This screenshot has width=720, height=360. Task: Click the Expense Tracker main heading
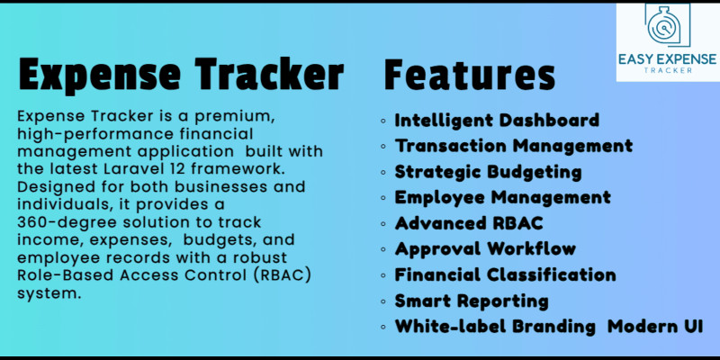point(180,74)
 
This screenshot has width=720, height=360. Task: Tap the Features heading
point(469,74)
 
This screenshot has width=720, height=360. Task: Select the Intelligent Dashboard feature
point(497,120)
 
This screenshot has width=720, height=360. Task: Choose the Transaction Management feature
point(514,145)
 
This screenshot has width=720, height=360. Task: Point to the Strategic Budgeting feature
point(488,171)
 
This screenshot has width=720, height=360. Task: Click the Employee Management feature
point(502,197)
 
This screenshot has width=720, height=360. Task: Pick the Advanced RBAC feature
point(468,222)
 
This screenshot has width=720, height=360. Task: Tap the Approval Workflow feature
point(485,248)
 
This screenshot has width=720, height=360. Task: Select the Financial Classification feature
point(506,274)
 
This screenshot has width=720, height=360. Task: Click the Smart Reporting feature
point(472,301)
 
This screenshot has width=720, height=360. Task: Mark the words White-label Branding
point(495,327)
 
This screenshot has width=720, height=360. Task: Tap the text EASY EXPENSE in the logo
point(667,59)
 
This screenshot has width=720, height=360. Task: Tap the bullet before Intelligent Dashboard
point(384,121)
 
